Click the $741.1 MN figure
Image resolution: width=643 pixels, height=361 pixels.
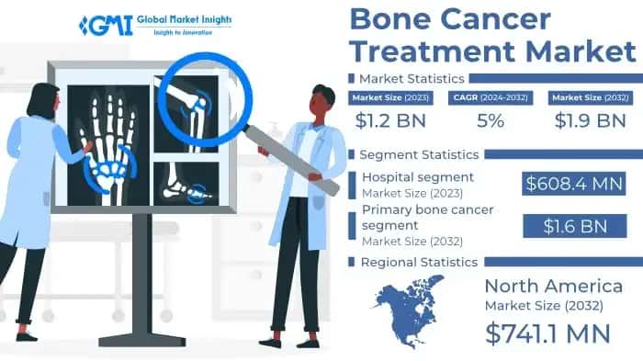(x=548, y=333)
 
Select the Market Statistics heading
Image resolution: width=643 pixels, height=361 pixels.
(x=411, y=78)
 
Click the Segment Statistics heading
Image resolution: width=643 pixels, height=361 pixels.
(x=418, y=153)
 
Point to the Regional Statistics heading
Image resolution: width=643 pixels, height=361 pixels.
(x=419, y=262)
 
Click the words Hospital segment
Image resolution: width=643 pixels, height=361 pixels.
(x=418, y=176)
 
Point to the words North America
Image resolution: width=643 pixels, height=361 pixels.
(x=553, y=286)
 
